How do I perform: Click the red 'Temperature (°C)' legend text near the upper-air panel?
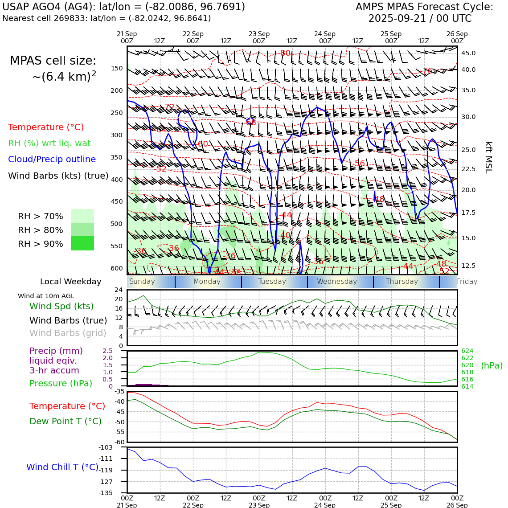(46, 127)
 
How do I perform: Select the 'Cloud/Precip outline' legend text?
(52, 160)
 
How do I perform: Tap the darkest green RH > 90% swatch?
(82, 243)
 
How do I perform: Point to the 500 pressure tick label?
(116, 224)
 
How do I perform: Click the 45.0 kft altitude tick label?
(468, 53)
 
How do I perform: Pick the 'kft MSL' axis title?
(488, 157)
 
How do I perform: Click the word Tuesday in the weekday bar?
(272, 282)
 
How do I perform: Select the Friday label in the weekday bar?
(467, 282)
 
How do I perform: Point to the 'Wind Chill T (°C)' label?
(62, 467)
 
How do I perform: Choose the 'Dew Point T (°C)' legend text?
(66, 422)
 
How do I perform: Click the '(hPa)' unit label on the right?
(492, 366)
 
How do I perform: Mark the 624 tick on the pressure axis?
(467, 351)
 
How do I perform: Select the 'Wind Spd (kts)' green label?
(61, 307)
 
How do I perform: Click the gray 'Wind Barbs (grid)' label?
(68, 333)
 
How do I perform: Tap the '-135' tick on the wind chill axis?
(106, 493)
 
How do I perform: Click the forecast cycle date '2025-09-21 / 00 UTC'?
(420, 19)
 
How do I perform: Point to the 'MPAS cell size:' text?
(53, 61)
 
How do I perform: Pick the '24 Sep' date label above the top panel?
(324, 34)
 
